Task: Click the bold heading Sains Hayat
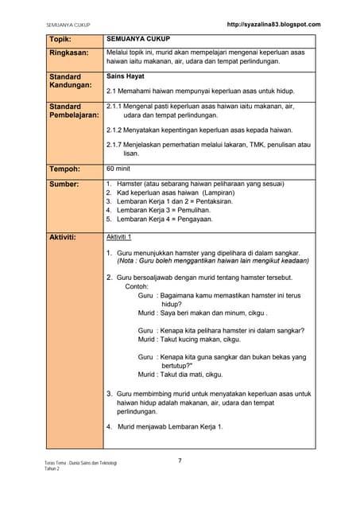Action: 126,77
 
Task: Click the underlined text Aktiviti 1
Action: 119,237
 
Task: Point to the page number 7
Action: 180,460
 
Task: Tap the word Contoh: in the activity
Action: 137,286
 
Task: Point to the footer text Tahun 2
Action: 52,469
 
